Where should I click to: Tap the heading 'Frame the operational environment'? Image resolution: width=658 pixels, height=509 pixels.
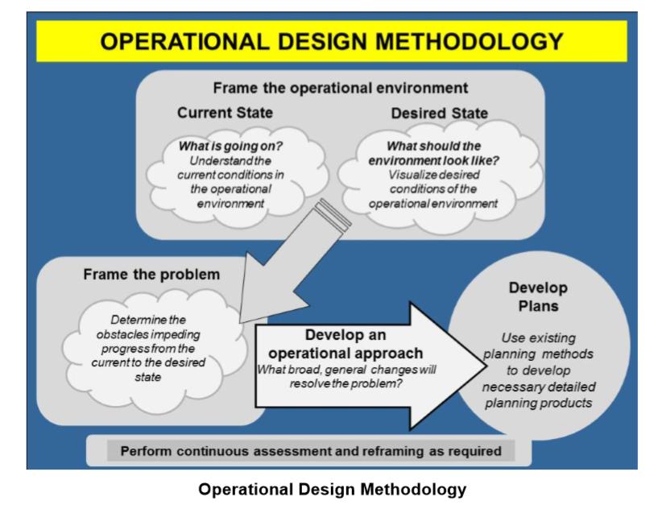[340, 87]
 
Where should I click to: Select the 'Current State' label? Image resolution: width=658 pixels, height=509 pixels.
[225, 113]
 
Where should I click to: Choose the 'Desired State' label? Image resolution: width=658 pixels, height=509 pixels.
[439, 114]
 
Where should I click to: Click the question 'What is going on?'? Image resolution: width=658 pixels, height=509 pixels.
[225, 147]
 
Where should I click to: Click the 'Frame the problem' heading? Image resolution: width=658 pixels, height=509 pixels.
[151, 274]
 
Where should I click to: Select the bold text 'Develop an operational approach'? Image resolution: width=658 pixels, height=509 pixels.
[344, 344]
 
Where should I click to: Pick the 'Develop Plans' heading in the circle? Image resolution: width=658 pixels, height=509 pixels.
[538, 296]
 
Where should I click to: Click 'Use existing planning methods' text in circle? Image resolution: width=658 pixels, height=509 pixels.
[538, 346]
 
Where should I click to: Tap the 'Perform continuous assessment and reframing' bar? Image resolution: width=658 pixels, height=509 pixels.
[310, 450]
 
